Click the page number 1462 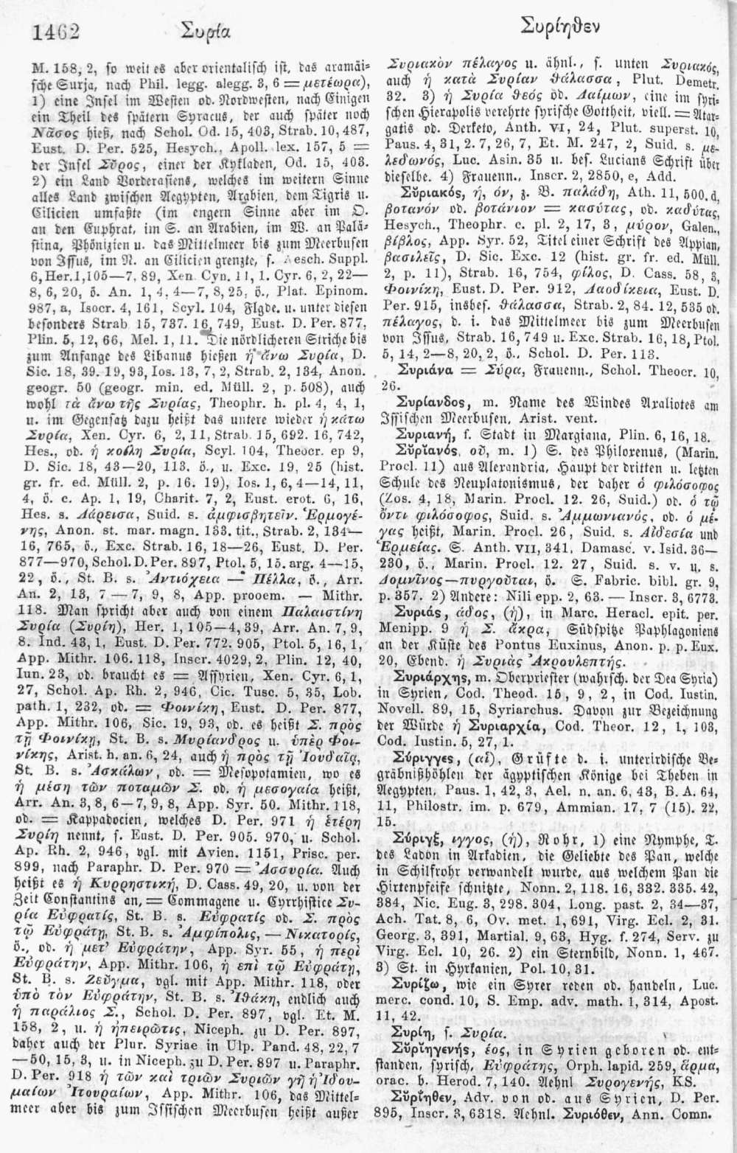[x=56, y=32]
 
